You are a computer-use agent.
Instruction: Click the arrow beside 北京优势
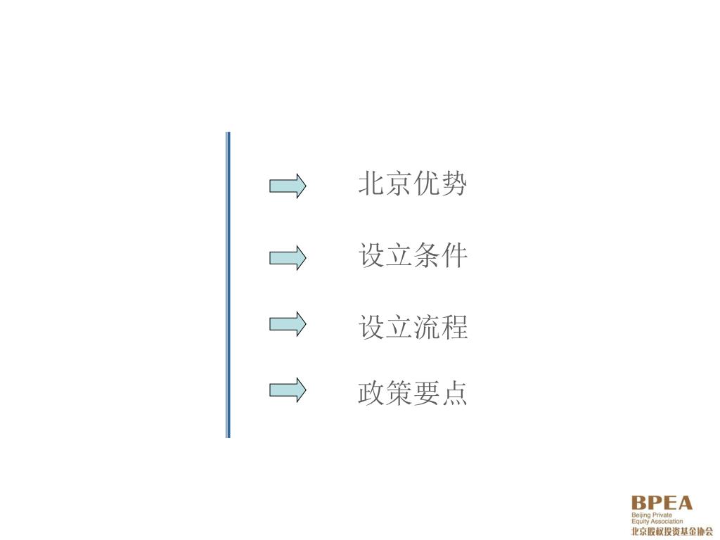[288, 186]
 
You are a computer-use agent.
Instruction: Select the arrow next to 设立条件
[288, 257]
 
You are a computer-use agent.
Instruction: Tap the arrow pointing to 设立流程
[288, 323]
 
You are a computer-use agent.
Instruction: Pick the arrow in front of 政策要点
[288, 390]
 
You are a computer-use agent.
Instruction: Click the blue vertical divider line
[228, 285]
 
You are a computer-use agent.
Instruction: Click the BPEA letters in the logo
[662, 503]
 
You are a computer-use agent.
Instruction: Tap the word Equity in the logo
[639, 522]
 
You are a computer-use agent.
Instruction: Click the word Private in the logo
[662, 515]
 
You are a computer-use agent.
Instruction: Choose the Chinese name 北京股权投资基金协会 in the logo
[671, 532]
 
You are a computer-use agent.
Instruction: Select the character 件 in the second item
[454, 256]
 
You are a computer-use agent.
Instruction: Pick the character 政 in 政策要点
[371, 394]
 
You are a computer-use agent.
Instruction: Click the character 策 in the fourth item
[399, 394]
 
